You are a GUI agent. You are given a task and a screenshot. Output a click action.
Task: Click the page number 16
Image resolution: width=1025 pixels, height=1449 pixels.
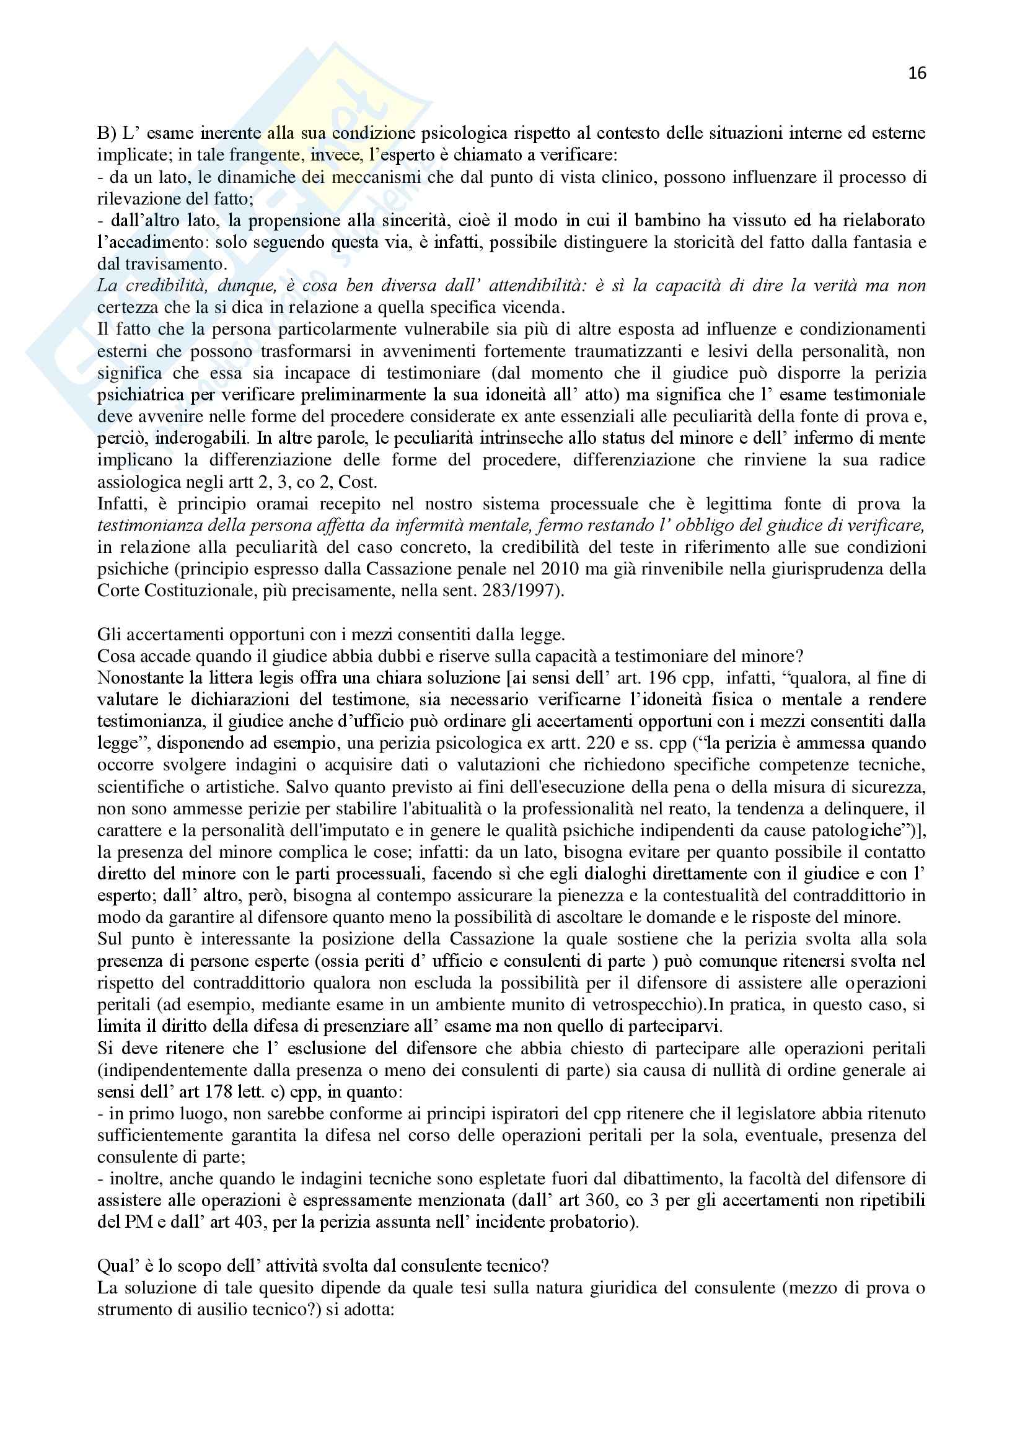917,73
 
